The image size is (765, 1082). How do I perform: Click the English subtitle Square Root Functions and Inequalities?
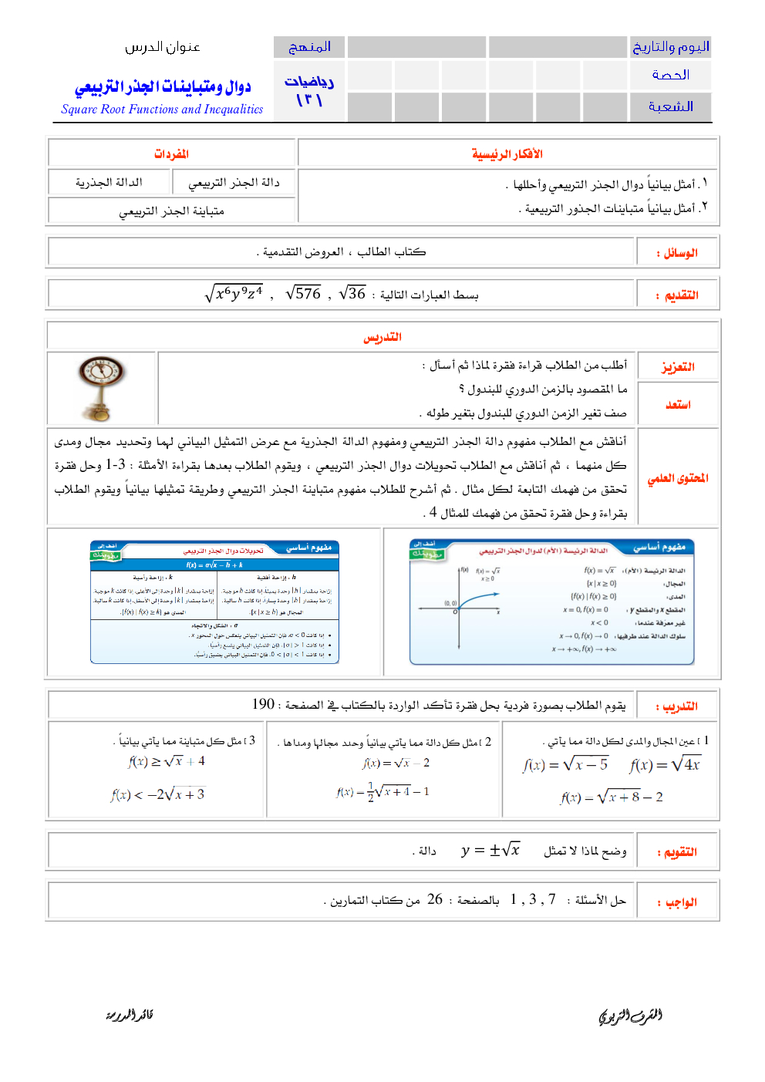[x=162, y=110]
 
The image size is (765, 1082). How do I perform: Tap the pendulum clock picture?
[x=101, y=388]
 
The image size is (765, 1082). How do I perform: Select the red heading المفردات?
[x=171, y=154]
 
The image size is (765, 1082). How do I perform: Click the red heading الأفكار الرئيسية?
[x=507, y=154]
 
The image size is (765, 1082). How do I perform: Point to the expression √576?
[x=303, y=294]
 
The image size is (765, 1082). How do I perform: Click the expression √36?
[x=352, y=294]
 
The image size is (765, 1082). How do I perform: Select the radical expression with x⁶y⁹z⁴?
[x=234, y=294]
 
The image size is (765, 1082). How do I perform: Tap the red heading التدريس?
[x=382, y=337]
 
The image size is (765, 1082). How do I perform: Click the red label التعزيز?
[x=678, y=367]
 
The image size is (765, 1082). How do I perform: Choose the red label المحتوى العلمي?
[x=678, y=478]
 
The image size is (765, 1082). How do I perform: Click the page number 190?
[x=263, y=704]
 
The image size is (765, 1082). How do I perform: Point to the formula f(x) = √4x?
[x=665, y=765]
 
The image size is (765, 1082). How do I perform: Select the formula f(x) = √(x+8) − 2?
[x=612, y=797]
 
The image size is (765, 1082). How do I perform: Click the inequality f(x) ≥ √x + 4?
[x=167, y=761]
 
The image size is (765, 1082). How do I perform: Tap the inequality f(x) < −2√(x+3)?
[x=157, y=794]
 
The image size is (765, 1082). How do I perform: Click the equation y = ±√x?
[x=490, y=850]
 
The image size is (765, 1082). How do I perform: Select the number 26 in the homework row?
[x=435, y=899]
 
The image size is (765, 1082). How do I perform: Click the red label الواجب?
[x=681, y=902]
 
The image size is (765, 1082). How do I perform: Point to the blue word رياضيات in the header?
[x=309, y=82]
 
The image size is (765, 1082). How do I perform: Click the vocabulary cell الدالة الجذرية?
[x=109, y=183]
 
